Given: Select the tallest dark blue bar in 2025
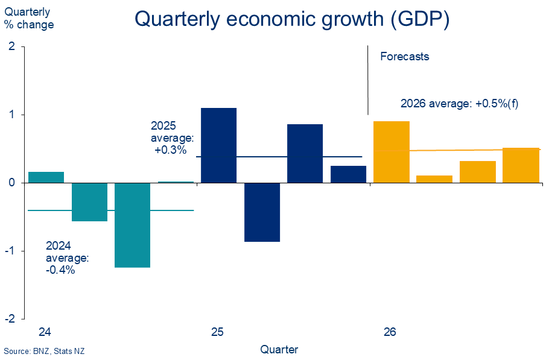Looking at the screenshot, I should click(218, 145).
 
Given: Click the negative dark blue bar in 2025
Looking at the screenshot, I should click(262, 212).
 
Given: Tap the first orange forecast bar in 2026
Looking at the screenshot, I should click(392, 151).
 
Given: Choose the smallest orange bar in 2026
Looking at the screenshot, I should click(435, 178).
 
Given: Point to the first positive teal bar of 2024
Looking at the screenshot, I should click(46, 177).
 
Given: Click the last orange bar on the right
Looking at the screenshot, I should click(521, 165).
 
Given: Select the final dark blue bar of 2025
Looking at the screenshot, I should click(348, 174).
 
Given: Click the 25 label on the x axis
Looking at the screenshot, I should click(217, 332).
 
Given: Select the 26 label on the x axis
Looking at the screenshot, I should click(390, 332).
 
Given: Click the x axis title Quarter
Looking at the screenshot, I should click(279, 349).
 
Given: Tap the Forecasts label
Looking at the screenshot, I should click(405, 57).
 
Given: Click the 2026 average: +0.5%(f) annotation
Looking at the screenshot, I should click(460, 103).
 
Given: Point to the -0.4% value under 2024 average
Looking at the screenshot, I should click(61, 270).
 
